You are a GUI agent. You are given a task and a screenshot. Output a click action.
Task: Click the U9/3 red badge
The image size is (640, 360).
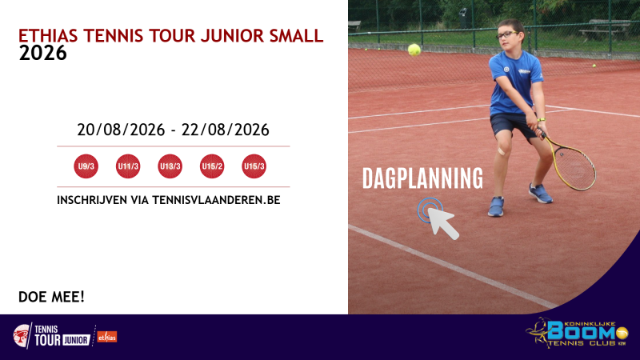tap(86, 166)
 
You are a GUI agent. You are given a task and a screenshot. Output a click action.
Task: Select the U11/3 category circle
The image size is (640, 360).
tap(128, 166)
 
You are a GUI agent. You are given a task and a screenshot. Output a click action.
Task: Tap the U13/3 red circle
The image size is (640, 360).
tap(170, 166)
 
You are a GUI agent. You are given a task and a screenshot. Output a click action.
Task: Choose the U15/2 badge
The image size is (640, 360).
tap(212, 166)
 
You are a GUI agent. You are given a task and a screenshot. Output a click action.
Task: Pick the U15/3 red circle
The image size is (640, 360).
tap(254, 166)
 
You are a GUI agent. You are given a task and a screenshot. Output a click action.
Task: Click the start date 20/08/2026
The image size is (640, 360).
tap(121, 130)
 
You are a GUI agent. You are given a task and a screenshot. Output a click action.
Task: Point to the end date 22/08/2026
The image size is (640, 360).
tap(226, 130)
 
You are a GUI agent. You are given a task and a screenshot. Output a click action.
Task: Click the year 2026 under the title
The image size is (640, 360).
tap(43, 53)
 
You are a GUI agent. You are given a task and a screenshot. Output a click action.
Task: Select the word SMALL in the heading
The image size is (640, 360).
tap(296, 36)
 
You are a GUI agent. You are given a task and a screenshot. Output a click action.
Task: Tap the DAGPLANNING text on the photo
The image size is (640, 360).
tap(422, 178)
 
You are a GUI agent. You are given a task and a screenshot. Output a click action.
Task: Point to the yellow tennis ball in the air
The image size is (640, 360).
tap(414, 50)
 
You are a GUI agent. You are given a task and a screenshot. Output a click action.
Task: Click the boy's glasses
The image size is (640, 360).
tap(507, 35)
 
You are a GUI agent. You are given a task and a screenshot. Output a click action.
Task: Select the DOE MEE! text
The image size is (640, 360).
tap(51, 297)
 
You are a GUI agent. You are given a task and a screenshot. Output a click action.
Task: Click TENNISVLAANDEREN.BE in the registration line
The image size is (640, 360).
tap(216, 200)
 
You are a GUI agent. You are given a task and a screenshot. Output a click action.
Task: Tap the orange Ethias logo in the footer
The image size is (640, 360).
tap(107, 337)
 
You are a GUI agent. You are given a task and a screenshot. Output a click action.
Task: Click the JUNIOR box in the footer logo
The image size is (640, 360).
tap(76, 340)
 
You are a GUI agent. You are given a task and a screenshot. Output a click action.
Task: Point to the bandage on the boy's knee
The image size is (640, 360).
tap(502, 151)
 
